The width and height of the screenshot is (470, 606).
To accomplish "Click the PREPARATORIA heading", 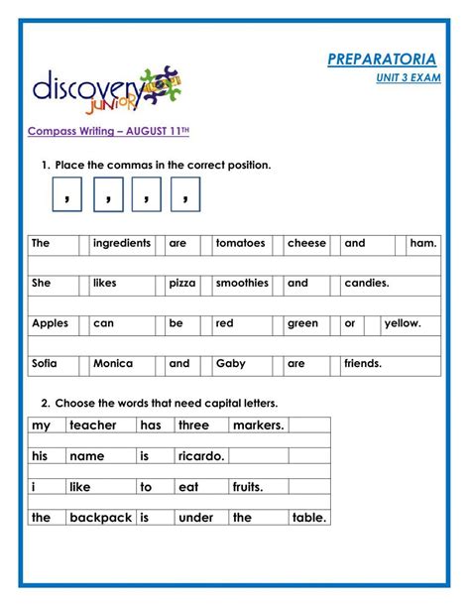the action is point(382,60).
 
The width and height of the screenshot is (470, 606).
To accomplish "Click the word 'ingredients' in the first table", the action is point(121,243).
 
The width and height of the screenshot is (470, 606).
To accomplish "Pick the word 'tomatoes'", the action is point(240,243).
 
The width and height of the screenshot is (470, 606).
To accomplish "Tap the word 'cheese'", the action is point(306,243).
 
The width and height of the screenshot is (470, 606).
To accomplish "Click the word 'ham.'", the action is point(423,243).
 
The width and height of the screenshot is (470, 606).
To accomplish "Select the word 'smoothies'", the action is point(242,283).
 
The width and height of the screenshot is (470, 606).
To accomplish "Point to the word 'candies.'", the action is point(367,283).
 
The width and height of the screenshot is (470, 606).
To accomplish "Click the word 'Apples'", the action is point(51,323).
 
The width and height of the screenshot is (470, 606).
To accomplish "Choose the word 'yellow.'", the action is point(403,323).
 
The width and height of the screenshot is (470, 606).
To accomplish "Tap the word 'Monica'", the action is point(113,364).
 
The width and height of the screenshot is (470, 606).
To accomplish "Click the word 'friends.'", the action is point(363,364).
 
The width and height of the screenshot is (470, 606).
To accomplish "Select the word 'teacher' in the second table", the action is point(93,425).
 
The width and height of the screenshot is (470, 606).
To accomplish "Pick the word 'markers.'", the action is point(259,425).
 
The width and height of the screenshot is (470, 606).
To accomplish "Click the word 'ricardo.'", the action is point(201,456).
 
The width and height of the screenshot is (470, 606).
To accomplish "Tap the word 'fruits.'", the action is point(248,487).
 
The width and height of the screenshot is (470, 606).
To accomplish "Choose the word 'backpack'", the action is point(101,518).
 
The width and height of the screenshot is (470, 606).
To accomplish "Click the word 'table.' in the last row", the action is point(310,518).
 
